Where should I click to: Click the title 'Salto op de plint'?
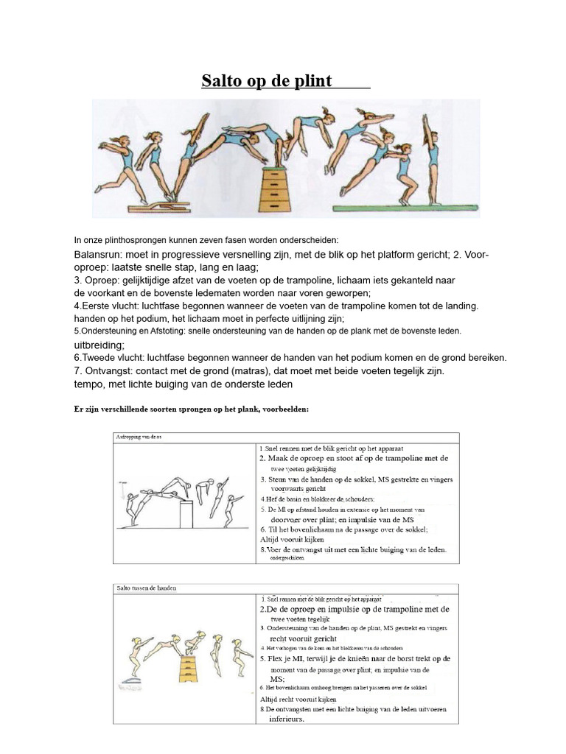click(x=268, y=80)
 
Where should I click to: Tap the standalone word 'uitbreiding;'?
click(x=99, y=345)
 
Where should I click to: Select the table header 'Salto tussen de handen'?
click(x=147, y=588)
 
